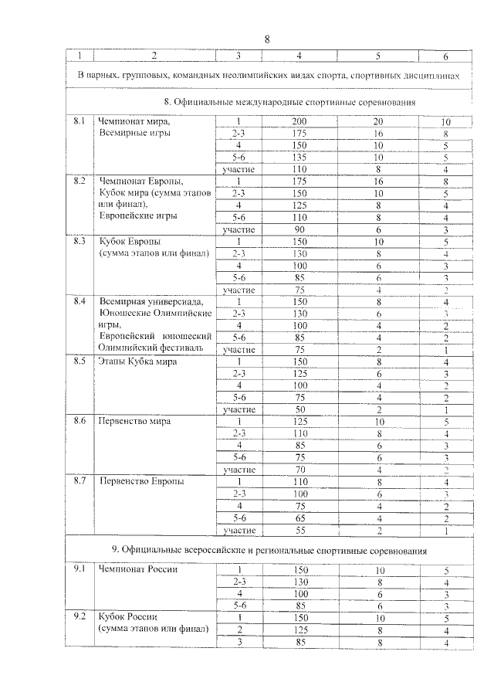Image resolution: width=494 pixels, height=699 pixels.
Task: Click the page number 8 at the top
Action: [x=267, y=39]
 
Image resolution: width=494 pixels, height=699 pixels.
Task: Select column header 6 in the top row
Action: [x=445, y=56]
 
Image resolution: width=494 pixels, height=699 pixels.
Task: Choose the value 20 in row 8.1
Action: [x=377, y=121]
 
